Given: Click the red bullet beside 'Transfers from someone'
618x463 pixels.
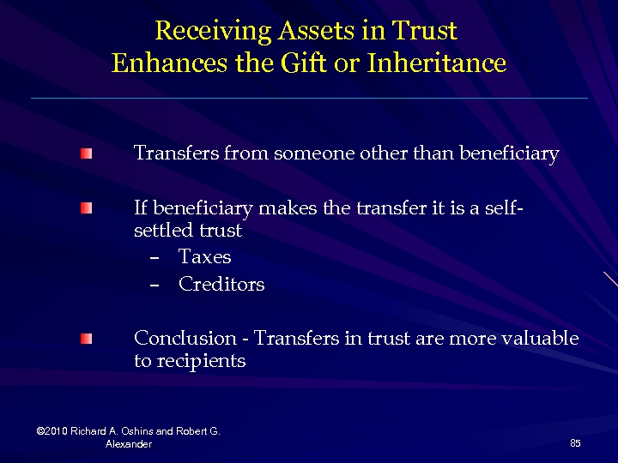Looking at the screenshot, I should [87, 154].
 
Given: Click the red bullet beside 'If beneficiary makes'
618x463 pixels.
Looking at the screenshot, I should [87, 209].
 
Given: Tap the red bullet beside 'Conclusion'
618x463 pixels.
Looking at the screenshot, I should [87, 340].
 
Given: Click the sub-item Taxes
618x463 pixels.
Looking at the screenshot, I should [204, 257].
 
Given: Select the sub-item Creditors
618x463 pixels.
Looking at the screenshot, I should [221, 285].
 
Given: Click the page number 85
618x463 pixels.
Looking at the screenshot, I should [575, 443].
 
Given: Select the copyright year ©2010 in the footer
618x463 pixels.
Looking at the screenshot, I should [53, 430].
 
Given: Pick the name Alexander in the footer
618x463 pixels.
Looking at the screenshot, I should [129, 444].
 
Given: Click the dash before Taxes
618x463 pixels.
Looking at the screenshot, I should [154, 258].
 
